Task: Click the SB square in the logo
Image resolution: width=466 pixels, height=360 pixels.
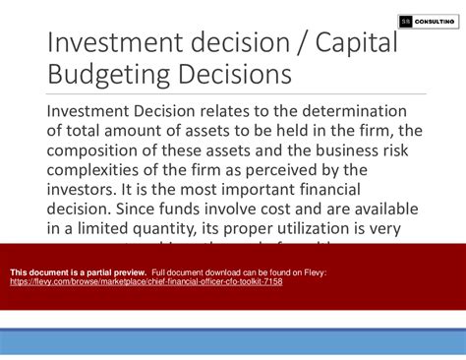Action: (406, 21)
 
